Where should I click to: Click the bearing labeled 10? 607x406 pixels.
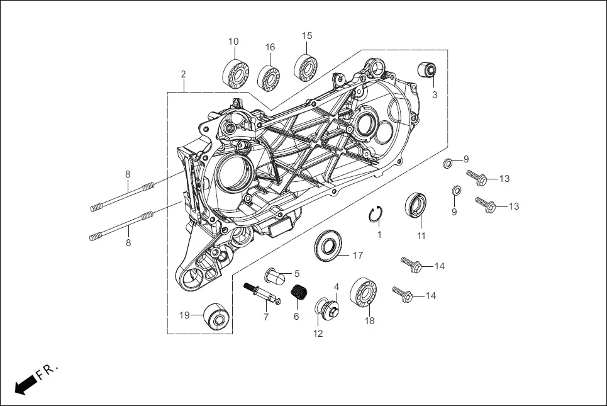click(233, 71)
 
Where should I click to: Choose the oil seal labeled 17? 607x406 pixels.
click(327, 245)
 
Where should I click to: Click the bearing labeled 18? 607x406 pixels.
click(364, 293)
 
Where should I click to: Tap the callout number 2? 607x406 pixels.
click(183, 74)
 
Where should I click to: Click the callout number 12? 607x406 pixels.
click(318, 334)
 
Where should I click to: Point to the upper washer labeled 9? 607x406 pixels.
click(447, 164)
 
